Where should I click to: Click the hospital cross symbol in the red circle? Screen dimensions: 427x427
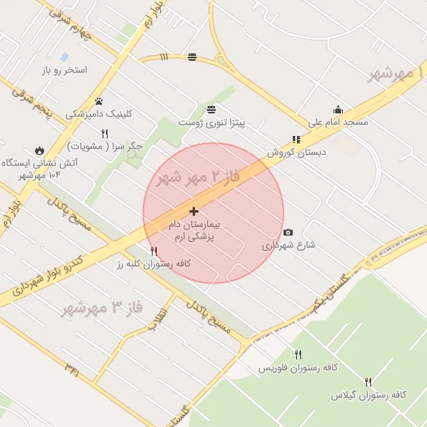point(194,212)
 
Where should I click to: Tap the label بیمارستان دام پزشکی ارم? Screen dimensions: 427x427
point(193,231)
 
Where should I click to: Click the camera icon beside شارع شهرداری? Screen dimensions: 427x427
point(288,233)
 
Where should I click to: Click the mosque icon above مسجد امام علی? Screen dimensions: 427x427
point(338,109)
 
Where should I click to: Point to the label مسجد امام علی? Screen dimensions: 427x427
point(338,123)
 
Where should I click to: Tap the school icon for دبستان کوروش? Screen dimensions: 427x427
point(295,140)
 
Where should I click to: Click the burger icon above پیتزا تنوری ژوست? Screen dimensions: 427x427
point(211,110)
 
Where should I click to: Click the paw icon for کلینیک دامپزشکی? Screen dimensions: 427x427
point(98,101)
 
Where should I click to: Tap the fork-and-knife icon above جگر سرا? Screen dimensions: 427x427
point(104,133)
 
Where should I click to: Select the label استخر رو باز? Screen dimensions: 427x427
point(70,70)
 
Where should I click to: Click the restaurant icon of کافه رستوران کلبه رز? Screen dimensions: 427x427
point(153,251)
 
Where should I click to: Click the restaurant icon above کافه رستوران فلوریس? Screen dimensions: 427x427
point(298,354)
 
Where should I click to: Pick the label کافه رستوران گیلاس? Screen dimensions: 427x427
point(367,394)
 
